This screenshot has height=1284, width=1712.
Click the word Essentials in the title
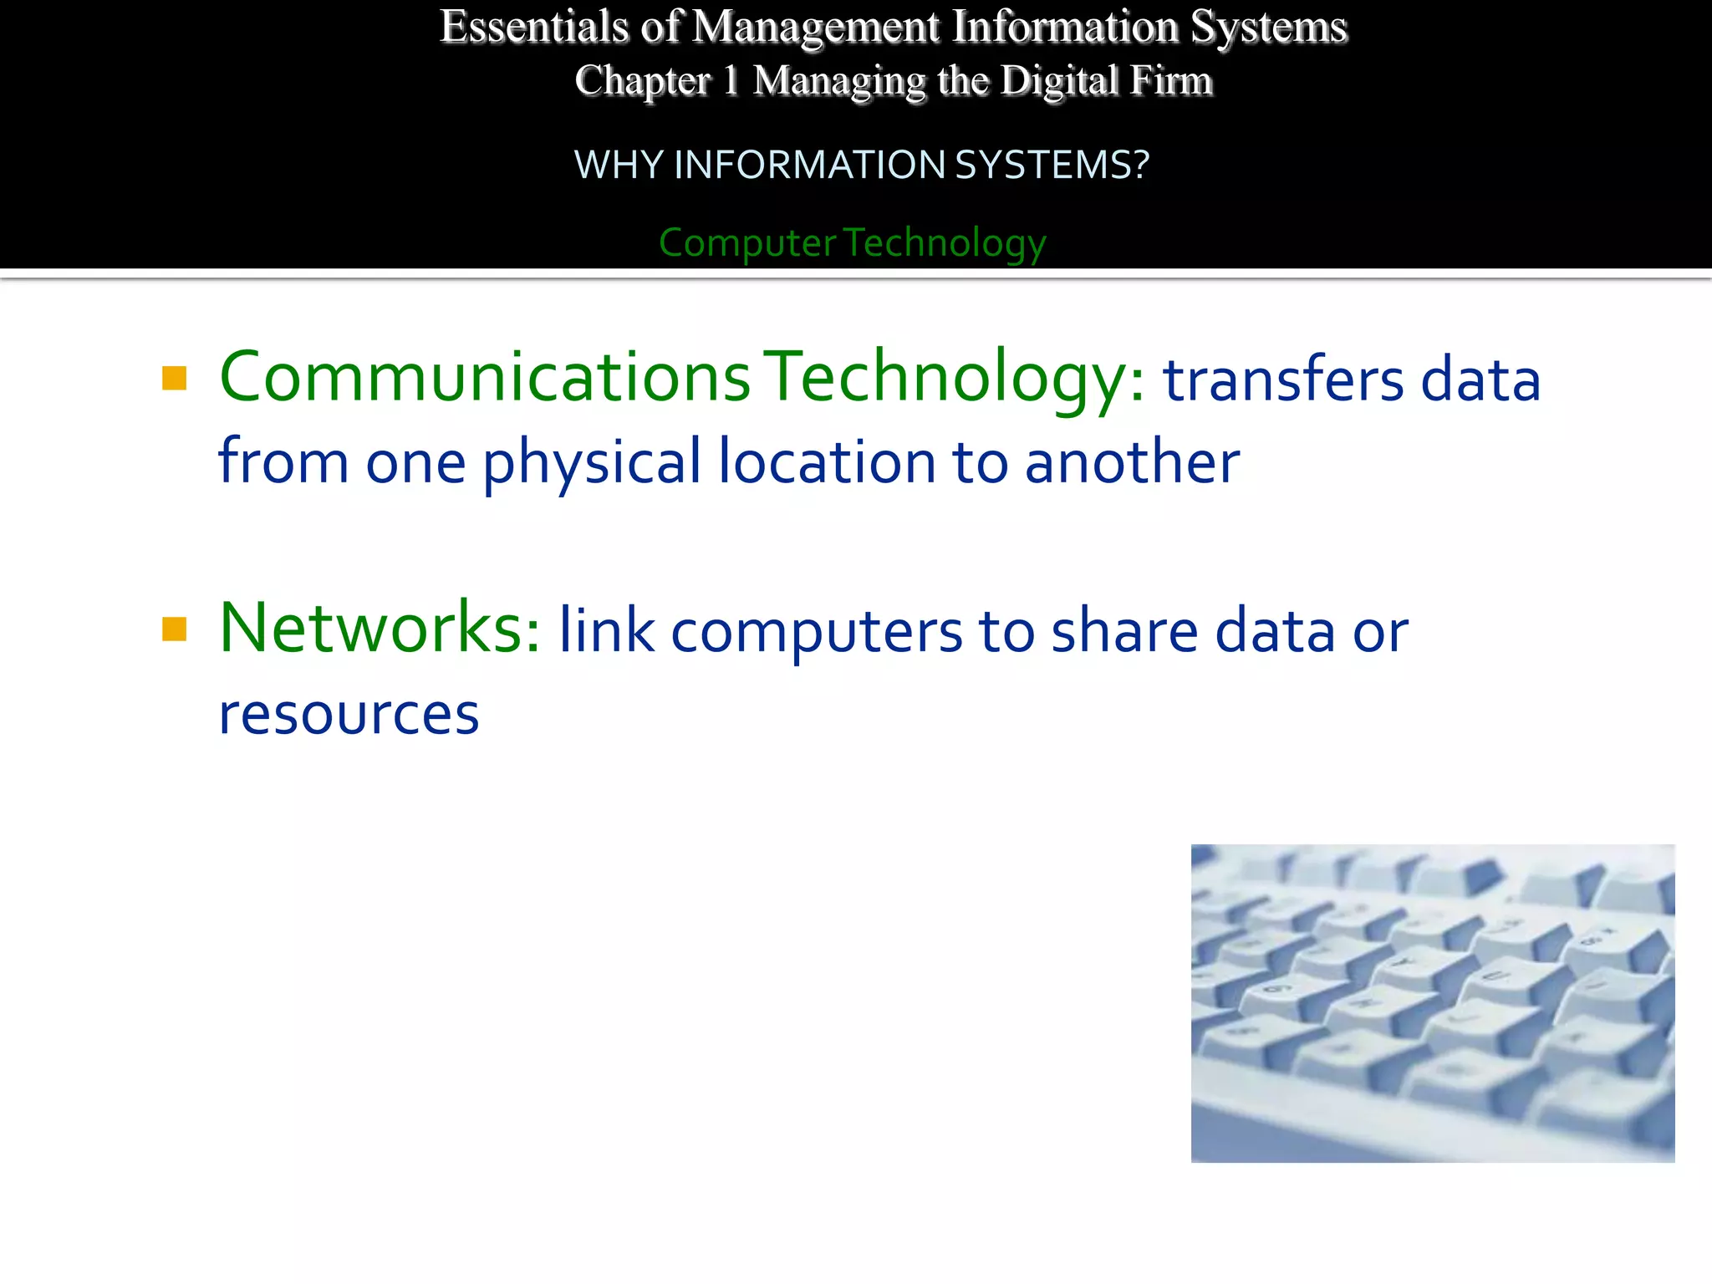pyautogui.click(x=533, y=27)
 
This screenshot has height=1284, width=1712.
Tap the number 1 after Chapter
pyautogui.click(x=731, y=81)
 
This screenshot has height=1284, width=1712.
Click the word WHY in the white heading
pyautogui.click(x=618, y=165)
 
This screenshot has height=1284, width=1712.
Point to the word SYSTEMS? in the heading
pyautogui.click(x=1052, y=165)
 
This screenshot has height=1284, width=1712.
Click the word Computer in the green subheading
pyautogui.click(x=746, y=243)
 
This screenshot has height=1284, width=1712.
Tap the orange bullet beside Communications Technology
pyautogui.click(x=174, y=379)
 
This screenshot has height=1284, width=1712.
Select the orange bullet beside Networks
pyautogui.click(x=174, y=629)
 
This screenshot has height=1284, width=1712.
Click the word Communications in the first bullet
pyautogui.click(x=485, y=377)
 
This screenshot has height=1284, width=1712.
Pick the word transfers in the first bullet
pyautogui.click(x=1283, y=380)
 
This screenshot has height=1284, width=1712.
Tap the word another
pyautogui.click(x=1132, y=463)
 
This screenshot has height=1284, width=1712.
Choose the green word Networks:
pyautogui.click(x=380, y=628)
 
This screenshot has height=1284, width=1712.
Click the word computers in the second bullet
pyautogui.click(x=817, y=632)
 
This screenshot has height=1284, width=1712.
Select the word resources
pyautogui.click(x=349, y=716)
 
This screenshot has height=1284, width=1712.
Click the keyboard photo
pyautogui.click(x=1432, y=1003)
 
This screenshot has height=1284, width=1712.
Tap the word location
pyautogui.click(x=827, y=463)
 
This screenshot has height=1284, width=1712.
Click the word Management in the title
pyautogui.click(x=816, y=27)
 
